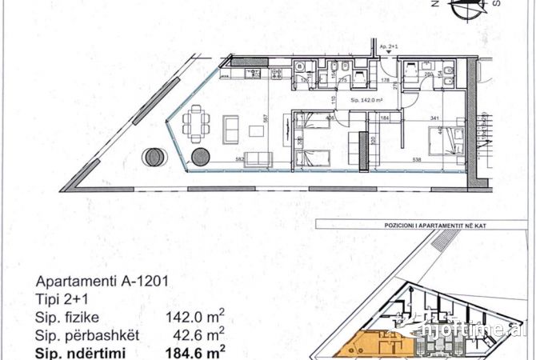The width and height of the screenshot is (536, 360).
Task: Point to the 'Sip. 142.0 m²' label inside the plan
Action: click(x=367, y=100)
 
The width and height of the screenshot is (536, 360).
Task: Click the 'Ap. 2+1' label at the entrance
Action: click(x=390, y=47)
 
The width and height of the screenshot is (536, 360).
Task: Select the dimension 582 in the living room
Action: click(x=217, y=160)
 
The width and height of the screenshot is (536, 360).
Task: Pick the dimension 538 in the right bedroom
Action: click(x=415, y=160)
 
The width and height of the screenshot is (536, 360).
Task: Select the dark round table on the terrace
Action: click(x=152, y=156)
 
